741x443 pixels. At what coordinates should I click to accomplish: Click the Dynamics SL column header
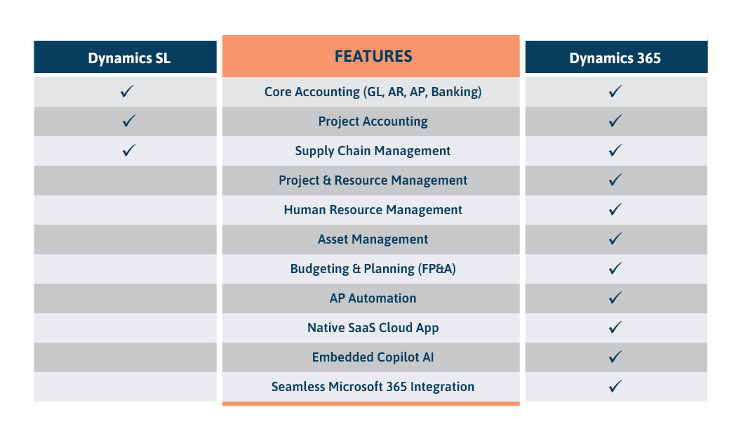point(128,58)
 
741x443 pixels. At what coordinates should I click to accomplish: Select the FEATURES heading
point(373,56)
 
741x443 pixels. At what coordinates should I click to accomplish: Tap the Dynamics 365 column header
point(615,58)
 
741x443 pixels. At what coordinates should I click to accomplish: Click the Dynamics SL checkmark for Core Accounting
point(128,91)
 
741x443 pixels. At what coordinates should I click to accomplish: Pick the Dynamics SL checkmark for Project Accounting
point(128,121)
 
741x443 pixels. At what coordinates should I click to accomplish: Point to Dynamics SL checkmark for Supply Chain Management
point(128,150)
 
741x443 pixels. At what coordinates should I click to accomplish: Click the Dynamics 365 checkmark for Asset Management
point(615,239)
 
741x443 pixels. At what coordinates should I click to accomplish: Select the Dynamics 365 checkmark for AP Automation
point(615,298)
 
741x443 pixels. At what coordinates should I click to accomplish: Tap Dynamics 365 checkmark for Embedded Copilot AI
point(615,357)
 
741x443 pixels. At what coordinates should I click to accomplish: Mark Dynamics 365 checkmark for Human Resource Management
point(615,209)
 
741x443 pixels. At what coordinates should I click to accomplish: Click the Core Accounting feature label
point(373,92)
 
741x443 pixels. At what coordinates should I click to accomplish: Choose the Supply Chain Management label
point(373,151)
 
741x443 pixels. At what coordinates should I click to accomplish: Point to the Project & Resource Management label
point(373,180)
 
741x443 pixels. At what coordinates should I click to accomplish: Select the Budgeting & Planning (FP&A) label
point(373,269)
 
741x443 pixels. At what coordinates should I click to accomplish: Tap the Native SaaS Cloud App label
point(373,328)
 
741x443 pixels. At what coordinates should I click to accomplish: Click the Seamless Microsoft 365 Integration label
point(373,387)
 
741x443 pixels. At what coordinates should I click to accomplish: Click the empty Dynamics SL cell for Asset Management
point(126,239)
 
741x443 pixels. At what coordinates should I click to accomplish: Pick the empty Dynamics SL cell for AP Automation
point(126,298)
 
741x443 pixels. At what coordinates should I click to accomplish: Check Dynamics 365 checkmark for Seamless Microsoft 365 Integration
point(615,386)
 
